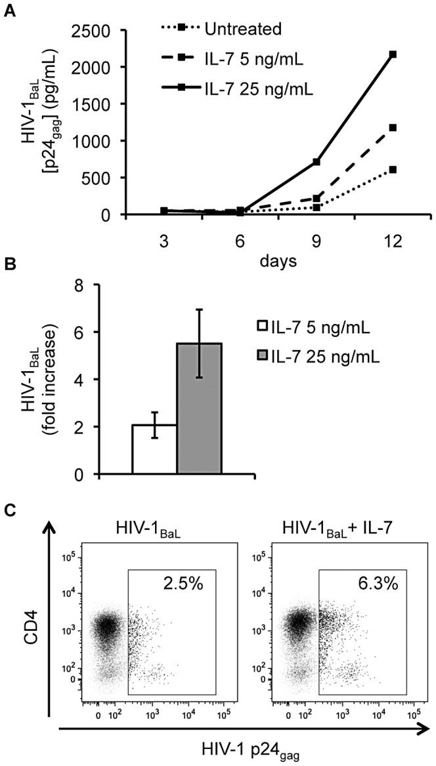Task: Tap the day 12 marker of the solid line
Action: click(393, 54)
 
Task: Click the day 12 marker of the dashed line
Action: click(393, 128)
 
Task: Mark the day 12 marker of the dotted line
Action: click(393, 170)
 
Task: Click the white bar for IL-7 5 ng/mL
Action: click(154, 450)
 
